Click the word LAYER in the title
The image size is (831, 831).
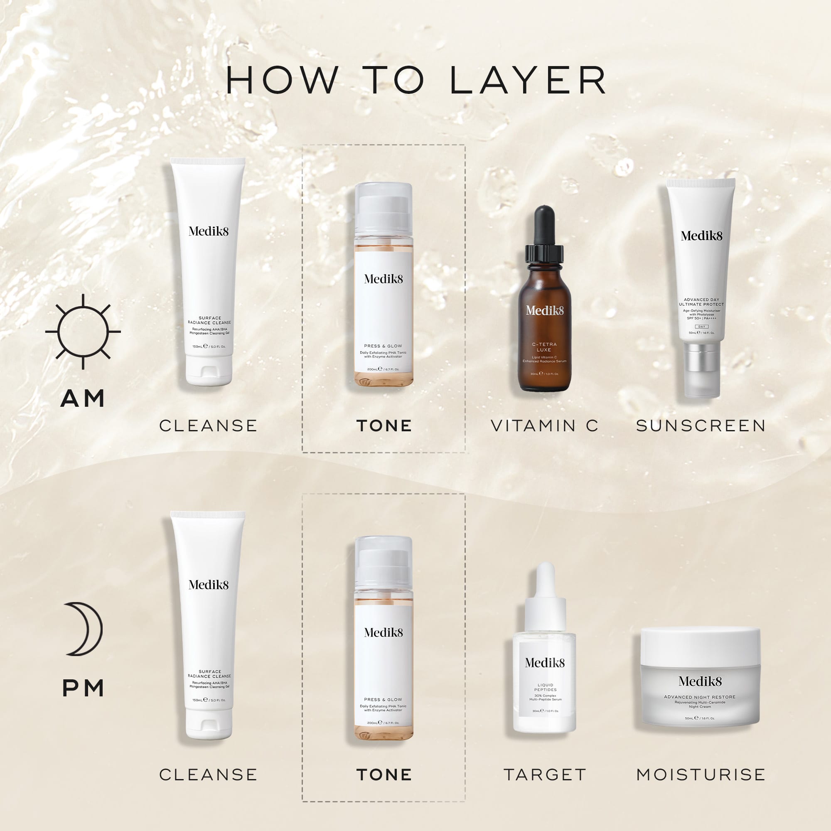pyautogui.click(x=528, y=80)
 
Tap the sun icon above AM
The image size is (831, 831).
pyautogui.click(x=83, y=332)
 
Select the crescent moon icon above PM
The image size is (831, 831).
pyautogui.click(x=84, y=629)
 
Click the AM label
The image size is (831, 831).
pyautogui.click(x=83, y=398)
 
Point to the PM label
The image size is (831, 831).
pyautogui.click(x=83, y=688)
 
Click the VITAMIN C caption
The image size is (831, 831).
pyautogui.click(x=545, y=426)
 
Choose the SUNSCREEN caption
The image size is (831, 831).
pyautogui.click(x=701, y=426)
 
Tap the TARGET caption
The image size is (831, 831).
pyautogui.click(x=545, y=774)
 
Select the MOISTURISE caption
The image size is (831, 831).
pyautogui.click(x=701, y=774)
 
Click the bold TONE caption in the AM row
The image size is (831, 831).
pyautogui.click(x=384, y=426)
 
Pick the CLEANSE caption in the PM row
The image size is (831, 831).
pyautogui.click(x=208, y=774)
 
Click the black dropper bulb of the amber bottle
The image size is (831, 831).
pyautogui.click(x=544, y=226)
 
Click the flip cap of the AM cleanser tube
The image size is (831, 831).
pyautogui.click(x=209, y=371)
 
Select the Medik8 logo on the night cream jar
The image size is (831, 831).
pyautogui.click(x=700, y=681)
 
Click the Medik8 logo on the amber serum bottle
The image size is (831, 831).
pyautogui.click(x=545, y=310)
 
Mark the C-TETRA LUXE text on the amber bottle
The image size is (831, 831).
pyautogui.click(x=544, y=347)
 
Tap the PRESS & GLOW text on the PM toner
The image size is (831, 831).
pyautogui.click(x=383, y=699)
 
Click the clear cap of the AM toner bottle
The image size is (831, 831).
pyautogui.click(x=383, y=209)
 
